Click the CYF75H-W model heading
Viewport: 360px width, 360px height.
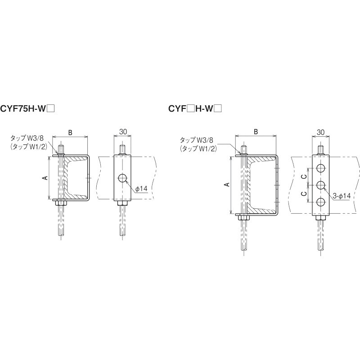tap(27, 108)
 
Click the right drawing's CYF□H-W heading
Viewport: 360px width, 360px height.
tap(195, 108)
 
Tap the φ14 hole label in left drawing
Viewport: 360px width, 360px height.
tap(141, 189)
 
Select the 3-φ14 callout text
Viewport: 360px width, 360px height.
tap(342, 196)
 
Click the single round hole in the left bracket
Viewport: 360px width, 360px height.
tap(123, 178)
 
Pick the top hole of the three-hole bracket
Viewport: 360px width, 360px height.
tap(321, 168)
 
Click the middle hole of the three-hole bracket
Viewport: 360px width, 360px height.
tap(321, 185)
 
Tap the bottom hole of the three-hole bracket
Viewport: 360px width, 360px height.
tap(321, 202)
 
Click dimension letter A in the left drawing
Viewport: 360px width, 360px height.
tap(45, 178)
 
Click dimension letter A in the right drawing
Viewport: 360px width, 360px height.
tap(227, 184)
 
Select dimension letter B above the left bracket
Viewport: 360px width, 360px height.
tap(71, 132)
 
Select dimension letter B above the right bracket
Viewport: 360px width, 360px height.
tap(256, 131)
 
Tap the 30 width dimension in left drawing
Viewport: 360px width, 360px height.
tap(123, 131)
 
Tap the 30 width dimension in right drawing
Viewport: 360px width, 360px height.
tap(320, 132)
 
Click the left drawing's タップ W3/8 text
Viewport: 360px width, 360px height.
tap(27, 139)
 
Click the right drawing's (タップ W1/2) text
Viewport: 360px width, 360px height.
tap(198, 148)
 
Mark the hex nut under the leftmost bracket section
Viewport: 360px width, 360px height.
tap(61, 203)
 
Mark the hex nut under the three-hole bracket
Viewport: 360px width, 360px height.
tap(321, 218)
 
